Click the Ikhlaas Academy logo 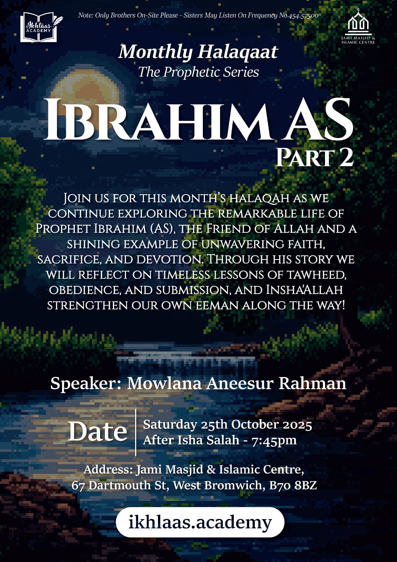click(x=39, y=27)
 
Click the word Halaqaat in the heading click(x=238, y=52)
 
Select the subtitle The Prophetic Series click(x=198, y=72)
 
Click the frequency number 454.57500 click(x=303, y=15)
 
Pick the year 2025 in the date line click(x=297, y=425)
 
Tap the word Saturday click(x=170, y=425)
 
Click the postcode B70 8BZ click(x=293, y=485)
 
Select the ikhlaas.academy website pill click(x=200, y=522)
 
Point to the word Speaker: click(x=86, y=383)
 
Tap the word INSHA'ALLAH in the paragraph click(x=304, y=290)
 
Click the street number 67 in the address click(x=78, y=485)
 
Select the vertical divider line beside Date click(x=136, y=432)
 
